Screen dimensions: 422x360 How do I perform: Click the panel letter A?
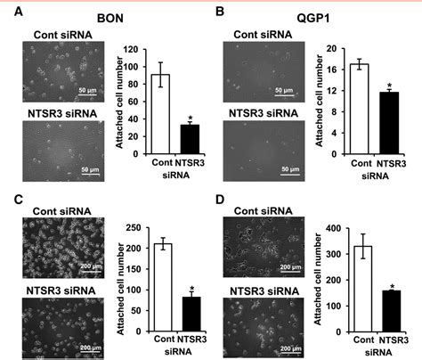[19, 12]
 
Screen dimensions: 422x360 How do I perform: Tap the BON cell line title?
[110, 19]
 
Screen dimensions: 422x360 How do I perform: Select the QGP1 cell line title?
[313, 18]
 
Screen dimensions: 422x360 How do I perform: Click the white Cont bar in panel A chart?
[160, 114]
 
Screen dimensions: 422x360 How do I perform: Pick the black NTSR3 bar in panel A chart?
[190, 139]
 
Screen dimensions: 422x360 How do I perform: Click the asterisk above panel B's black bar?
[389, 86]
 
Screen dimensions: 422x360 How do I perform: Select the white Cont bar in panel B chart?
[360, 109]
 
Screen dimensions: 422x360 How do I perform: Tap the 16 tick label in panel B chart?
[332, 70]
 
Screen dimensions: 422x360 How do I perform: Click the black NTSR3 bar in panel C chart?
[191, 314]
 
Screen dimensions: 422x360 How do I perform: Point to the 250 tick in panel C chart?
[134, 228]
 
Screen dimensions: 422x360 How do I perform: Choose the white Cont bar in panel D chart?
[362, 289]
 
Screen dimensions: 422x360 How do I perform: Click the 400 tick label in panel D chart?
[333, 228]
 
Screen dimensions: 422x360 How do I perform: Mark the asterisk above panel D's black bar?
[393, 287]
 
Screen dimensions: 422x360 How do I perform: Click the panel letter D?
[220, 200]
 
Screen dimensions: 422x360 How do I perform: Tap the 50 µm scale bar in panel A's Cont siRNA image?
[87, 95]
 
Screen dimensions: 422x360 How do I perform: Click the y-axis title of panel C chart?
[120, 289]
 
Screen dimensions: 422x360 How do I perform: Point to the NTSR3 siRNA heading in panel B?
[264, 113]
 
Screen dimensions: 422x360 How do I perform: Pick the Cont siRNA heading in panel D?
[264, 211]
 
